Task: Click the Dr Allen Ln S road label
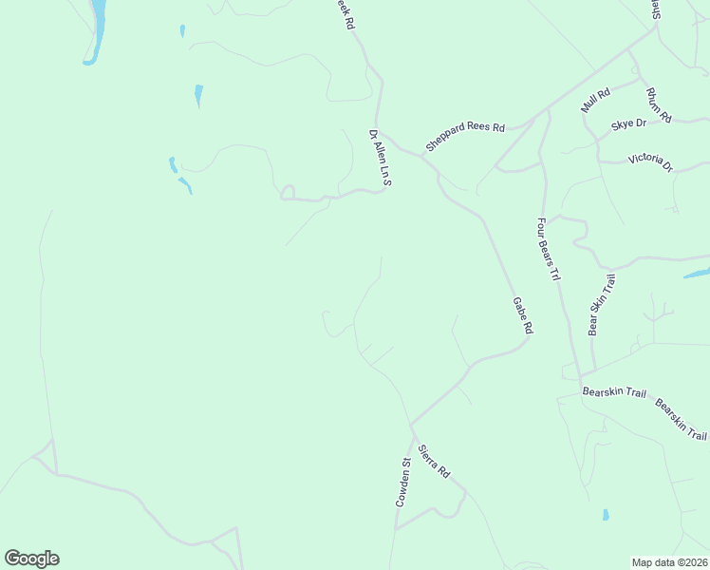[x=381, y=157]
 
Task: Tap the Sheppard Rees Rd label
[x=465, y=137]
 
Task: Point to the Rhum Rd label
[x=658, y=104]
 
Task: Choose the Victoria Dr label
[x=650, y=162]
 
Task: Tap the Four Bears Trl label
[x=549, y=250]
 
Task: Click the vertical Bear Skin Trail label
[x=601, y=305]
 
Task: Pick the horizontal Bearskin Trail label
[x=613, y=391]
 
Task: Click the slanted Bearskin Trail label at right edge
[x=682, y=419]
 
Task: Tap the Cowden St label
[x=404, y=482]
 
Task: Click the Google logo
[x=31, y=559]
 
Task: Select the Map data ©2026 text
[x=669, y=562]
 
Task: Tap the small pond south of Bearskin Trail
[x=606, y=516]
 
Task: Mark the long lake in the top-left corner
[x=96, y=28]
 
